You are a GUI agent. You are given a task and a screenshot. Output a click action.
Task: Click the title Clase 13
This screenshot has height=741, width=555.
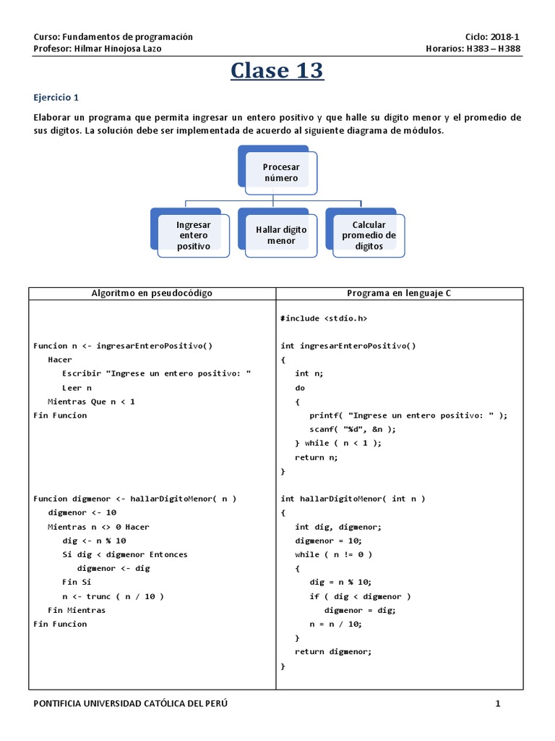coord(277,71)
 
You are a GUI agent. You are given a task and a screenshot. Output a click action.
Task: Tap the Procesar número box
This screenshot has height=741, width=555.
coord(280,172)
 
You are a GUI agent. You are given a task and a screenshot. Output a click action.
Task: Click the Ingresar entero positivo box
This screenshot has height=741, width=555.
coord(193,235)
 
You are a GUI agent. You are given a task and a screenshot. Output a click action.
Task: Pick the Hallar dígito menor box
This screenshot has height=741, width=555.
coord(281,235)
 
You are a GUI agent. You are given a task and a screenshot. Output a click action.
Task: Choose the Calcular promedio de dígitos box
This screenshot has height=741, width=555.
coord(369,235)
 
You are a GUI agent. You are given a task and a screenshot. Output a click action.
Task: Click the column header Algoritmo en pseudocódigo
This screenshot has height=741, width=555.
coord(152,293)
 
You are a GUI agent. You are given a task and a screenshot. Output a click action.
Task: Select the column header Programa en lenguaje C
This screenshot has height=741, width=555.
coord(399,293)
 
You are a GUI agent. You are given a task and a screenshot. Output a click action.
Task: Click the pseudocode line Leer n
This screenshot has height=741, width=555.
coord(77,388)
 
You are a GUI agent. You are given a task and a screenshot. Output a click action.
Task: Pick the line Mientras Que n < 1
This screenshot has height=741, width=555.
coord(91,402)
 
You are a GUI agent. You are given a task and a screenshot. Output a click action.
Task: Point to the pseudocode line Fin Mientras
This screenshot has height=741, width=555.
coord(77,610)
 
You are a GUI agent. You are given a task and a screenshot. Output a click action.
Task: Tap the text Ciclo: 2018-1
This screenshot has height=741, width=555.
coord(493,37)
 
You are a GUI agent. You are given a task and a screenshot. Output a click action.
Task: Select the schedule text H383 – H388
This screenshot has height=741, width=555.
coord(495,49)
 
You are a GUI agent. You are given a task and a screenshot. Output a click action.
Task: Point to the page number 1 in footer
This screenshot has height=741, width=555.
coord(497,704)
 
